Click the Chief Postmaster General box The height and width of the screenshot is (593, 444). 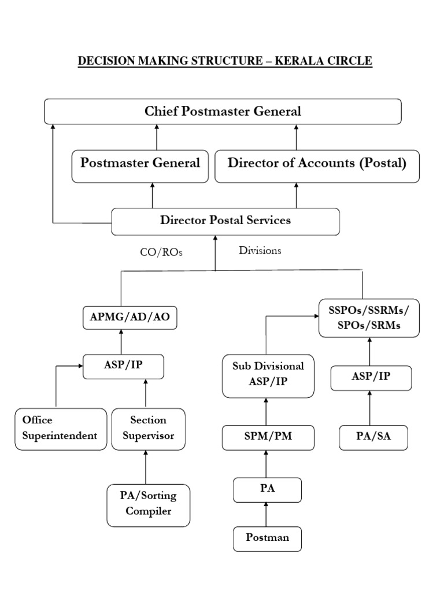(223, 111)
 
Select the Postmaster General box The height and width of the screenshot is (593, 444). (140, 163)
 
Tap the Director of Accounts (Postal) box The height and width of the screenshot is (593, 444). (317, 163)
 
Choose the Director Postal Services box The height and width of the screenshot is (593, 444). (225, 221)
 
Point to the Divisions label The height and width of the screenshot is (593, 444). (260, 251)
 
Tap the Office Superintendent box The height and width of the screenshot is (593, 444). (61, 429)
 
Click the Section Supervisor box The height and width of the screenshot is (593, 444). (148, 429)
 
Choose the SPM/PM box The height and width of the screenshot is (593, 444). (268, 437)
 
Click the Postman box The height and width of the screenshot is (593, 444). (268, 538)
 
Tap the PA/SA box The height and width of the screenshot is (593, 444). (373, 437)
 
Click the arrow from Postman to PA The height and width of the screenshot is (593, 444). (267, 514)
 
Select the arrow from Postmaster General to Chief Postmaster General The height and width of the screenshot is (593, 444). (157, 137)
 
